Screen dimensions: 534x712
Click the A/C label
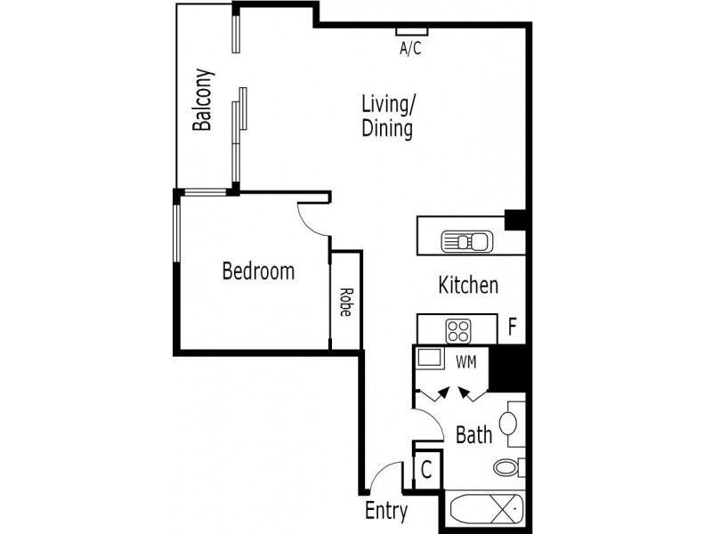tap(409, 49)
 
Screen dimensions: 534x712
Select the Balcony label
tap(203, 100)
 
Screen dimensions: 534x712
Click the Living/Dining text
tap(388, 116)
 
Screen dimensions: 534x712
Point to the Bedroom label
tap(258, 271)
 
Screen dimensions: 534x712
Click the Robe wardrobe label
tap(344, 302)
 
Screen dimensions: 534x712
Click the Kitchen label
tap(468, 286)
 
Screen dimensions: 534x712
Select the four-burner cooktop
tap(458, 331)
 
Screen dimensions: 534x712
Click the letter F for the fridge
tap(512, 327)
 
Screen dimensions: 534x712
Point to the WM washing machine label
tap(465, 362)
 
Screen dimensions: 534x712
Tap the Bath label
tap(473, 435)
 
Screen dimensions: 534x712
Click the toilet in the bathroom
tap(507, 467)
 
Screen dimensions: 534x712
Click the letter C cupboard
tap(426, 470)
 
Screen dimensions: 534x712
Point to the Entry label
tap(386, 512)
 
